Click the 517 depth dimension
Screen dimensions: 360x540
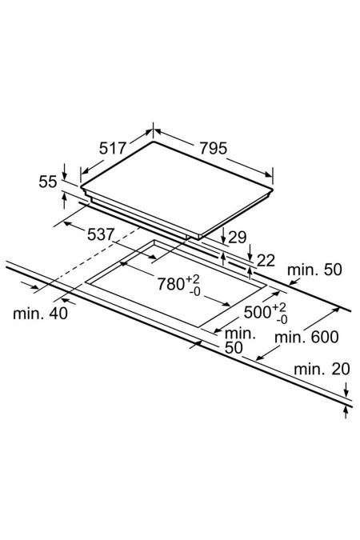tap(113, 149)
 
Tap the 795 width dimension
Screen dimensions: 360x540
tap(214, 149)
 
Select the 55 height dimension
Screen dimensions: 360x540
tap(47, 182)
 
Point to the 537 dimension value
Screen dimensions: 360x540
tap(100, 234)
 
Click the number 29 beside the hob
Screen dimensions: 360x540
tap(238, 238)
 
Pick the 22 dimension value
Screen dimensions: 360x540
tap(266, 261)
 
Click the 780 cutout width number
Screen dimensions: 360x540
tap(171, 284)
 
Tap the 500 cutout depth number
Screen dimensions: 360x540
tap(258, 312)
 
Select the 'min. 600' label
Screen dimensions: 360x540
tap(306, 337)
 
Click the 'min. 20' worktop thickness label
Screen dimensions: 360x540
tap(322, 369)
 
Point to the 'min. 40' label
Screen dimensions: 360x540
tap(40, 314)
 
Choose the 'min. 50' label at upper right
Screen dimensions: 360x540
tap(314, 270)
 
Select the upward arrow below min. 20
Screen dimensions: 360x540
tap(346, 412)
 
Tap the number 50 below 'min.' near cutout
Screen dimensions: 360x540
tap(234, 348)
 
